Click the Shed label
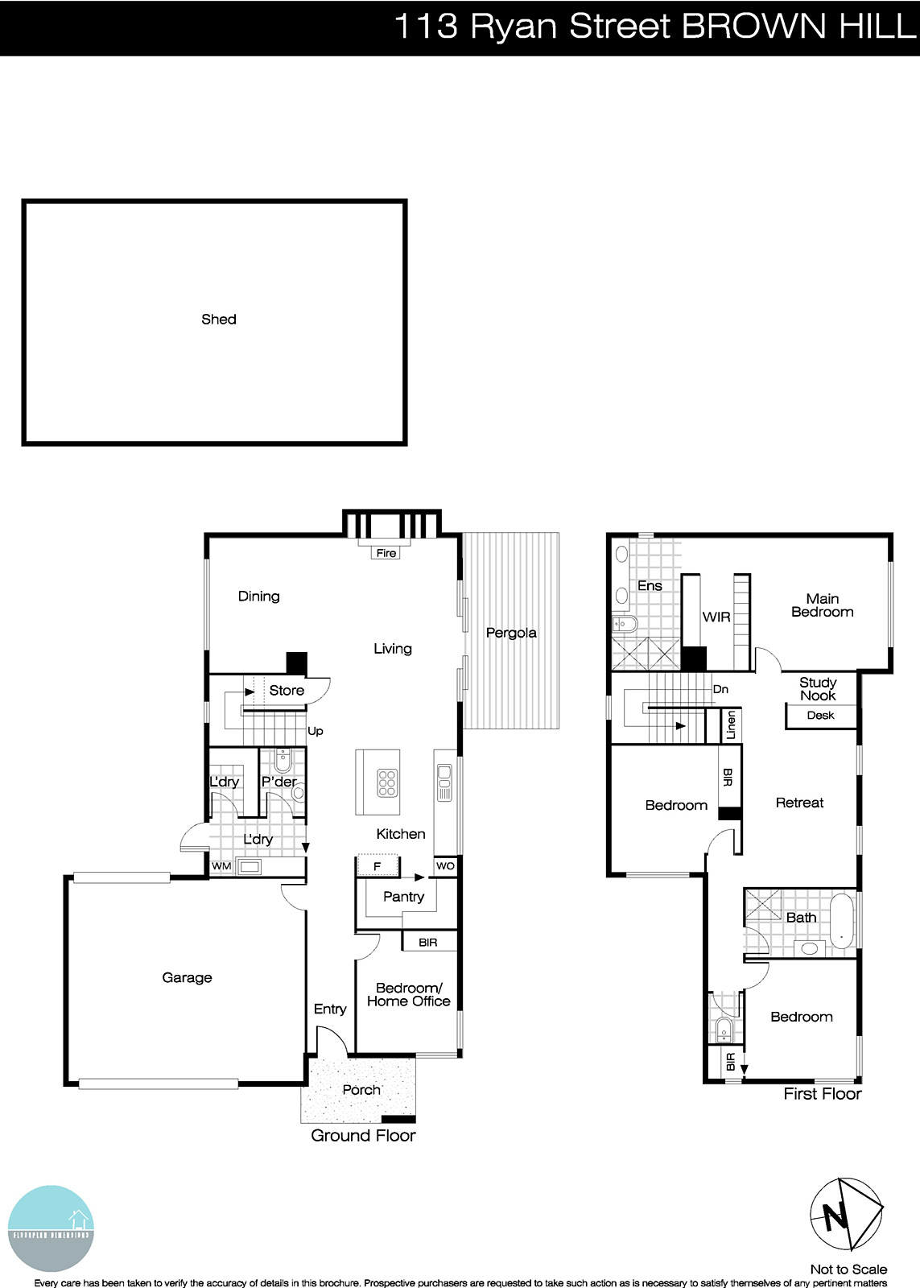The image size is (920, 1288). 219,320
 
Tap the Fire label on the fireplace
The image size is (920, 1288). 386,553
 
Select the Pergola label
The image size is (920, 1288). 511,633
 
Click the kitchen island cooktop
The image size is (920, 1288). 387,782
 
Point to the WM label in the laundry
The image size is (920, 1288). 221,866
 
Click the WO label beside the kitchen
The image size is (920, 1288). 445,866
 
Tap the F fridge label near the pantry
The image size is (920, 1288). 376,867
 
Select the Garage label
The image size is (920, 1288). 187,977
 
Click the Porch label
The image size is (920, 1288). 361,1090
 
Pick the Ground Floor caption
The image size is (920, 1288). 363,1136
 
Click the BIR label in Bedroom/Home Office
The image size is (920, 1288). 428,942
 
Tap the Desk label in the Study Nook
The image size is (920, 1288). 820,716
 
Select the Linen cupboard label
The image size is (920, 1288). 731,724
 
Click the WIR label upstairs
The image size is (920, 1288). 716,617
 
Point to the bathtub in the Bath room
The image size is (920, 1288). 843,919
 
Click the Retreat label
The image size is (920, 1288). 799,803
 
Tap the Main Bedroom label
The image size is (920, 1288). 822,605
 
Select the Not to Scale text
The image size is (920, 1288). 848,1269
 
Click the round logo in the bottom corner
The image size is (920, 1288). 52,1228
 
